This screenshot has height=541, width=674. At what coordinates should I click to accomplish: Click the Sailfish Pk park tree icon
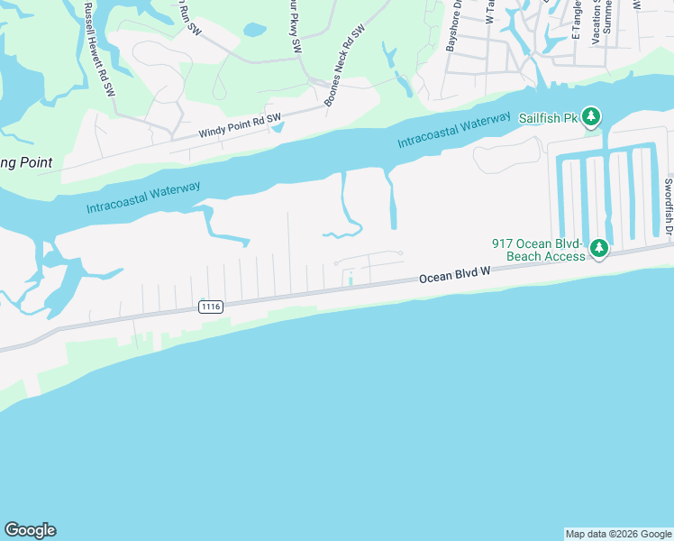[590, 115]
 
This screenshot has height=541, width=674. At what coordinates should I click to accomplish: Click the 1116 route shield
[210, 307]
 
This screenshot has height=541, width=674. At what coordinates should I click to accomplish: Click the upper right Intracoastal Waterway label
[454, 132]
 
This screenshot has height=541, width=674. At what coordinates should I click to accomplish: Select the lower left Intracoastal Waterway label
[143, 197]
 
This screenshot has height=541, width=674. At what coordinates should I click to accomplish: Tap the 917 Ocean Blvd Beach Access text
[537, 250]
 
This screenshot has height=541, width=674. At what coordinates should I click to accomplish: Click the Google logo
[30, 530]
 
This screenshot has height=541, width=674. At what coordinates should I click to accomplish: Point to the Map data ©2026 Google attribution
[618, 534]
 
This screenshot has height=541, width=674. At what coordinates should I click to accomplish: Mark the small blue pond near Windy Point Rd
[277, 127]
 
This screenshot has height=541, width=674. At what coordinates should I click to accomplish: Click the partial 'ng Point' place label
[25, 163]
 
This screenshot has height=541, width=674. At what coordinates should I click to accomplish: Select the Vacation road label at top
[597, 23]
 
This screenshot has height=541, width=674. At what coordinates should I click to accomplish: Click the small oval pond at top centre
[254, 30]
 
